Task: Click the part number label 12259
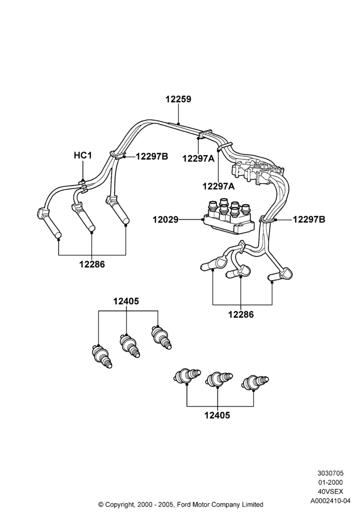pyautogui.click(x=178, y=99)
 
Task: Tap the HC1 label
pyautogui.click(x=83, y=155)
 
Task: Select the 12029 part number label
pyautogui.click(x=166, y=219)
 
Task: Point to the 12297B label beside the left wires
pyautogui.click(x=152, y=157)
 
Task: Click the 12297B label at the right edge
pyautogui.click(x=309, y=219)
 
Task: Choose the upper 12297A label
pyautogui.click(x=199, y=159)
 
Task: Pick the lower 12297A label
pyautogui.click(x=219, y=187)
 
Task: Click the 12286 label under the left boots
pyautogui.click(x=92, y=264)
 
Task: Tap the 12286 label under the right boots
pyautogui.click(x=241, y=315)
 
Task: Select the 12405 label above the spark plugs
pyautogui.click(x=126, y=301)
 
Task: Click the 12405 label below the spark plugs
pyautogui.click(x=218, y=416)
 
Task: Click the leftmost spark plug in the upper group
pyautogui.click(x=102, y=356)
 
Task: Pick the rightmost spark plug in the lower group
pyautogui.click(x=256, y=383)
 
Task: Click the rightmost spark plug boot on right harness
pyautogui.click(x=281, y=274)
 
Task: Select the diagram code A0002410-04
pyautogui.click(x=331, y=501)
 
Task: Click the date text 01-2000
pyautogui.click(x=331, y=483)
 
